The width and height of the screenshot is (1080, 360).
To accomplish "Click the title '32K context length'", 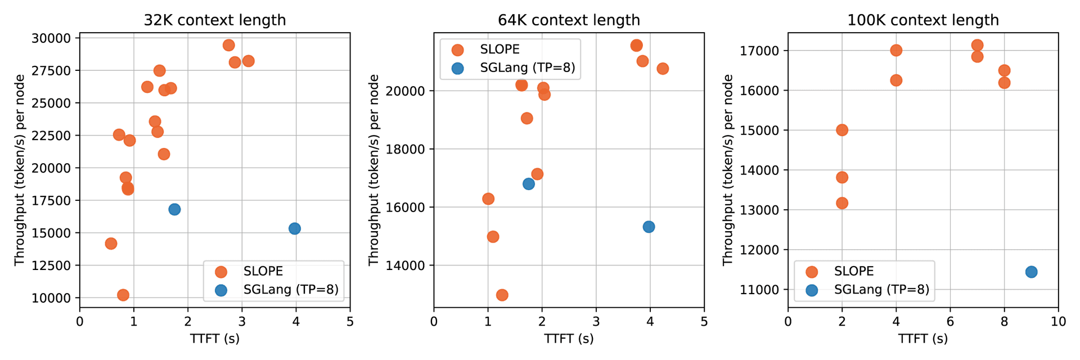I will tap(215, 20).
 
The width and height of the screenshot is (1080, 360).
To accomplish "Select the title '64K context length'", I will tap(569, 20).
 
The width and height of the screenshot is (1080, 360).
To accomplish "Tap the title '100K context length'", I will tap(923, 20).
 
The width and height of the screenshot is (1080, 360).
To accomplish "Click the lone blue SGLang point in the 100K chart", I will tap(1031, 272).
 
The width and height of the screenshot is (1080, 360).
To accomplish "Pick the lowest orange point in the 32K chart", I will tap(123, 295).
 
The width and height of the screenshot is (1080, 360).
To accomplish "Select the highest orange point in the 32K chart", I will tap(228, 46).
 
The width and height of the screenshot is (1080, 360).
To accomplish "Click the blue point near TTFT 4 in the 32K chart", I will tap(295, 228).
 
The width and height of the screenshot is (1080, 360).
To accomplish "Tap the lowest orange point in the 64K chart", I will tap(502, 295).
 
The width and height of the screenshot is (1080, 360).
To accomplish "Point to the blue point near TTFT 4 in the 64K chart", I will tap(649, 227).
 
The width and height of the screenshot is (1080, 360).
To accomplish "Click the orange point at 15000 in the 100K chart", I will tap(842, 130).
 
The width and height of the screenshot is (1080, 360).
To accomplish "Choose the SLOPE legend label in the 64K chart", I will tap(499, 49).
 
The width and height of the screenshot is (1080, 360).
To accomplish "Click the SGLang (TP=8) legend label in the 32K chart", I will tap(291, 290).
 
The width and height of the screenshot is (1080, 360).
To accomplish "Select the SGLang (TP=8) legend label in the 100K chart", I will tap(881, 290).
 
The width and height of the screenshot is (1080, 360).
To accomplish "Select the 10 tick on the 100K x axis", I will tap(1058, 322).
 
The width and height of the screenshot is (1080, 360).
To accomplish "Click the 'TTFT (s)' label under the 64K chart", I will tap(569, 339).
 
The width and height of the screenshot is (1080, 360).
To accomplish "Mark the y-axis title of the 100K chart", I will tap(728, 170).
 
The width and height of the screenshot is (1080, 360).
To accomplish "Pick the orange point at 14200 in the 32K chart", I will tap(111, 244).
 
